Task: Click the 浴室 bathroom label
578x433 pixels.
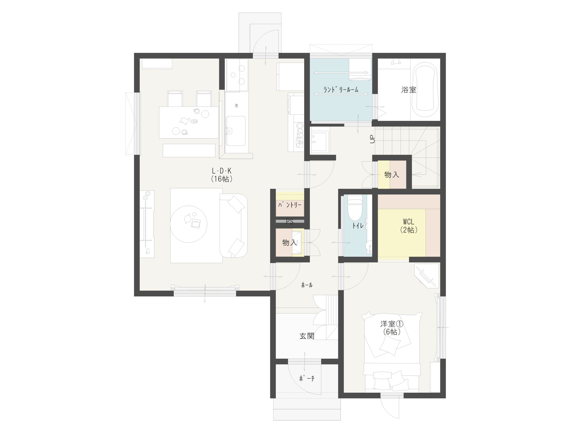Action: (409, 90)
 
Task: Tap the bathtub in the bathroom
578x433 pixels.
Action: (425, 90)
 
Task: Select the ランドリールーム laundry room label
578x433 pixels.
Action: (341, 90)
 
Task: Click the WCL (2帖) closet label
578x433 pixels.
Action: (409, 226)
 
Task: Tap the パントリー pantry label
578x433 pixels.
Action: (290, 205)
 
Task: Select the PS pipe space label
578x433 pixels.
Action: (290, 222)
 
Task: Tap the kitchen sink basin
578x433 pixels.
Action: (235, 131)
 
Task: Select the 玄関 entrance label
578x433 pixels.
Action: (307, 336)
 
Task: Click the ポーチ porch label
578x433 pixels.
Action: (307, 378)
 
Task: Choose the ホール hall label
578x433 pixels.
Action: (307, 285)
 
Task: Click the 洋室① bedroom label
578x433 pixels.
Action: (392, 324)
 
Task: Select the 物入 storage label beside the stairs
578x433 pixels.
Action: (392, 175)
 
